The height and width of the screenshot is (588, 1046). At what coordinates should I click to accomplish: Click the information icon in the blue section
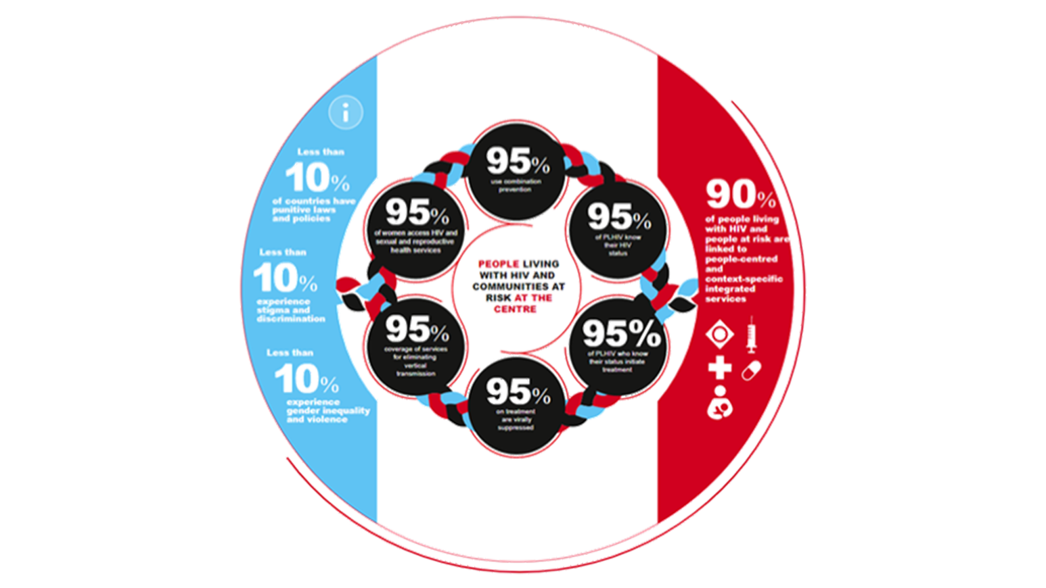(346, 113)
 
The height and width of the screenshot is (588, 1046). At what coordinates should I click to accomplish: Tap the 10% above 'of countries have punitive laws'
(317, 178)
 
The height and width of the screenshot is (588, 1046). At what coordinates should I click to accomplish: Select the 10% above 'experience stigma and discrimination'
(285, 278)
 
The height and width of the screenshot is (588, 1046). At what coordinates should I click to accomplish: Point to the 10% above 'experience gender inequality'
(306, 378)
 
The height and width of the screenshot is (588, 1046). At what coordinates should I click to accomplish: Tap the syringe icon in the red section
(751, 335)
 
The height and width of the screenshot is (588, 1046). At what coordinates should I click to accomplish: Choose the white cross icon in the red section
(720, 368)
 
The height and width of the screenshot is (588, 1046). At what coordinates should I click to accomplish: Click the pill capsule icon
(751, 370)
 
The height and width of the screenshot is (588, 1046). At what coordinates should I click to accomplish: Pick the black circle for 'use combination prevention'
(518, 172)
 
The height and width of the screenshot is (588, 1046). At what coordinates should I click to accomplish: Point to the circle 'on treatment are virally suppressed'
(518, 403)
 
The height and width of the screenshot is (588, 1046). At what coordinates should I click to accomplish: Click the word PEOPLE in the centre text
(498, 264)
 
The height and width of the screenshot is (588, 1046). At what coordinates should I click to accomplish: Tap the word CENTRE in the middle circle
(515, 309)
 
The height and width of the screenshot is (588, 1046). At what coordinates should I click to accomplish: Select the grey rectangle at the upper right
(774, 62)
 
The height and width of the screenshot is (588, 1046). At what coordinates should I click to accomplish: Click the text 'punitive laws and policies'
(304, 214)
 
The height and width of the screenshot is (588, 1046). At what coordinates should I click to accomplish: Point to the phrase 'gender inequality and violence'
(327, 415)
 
